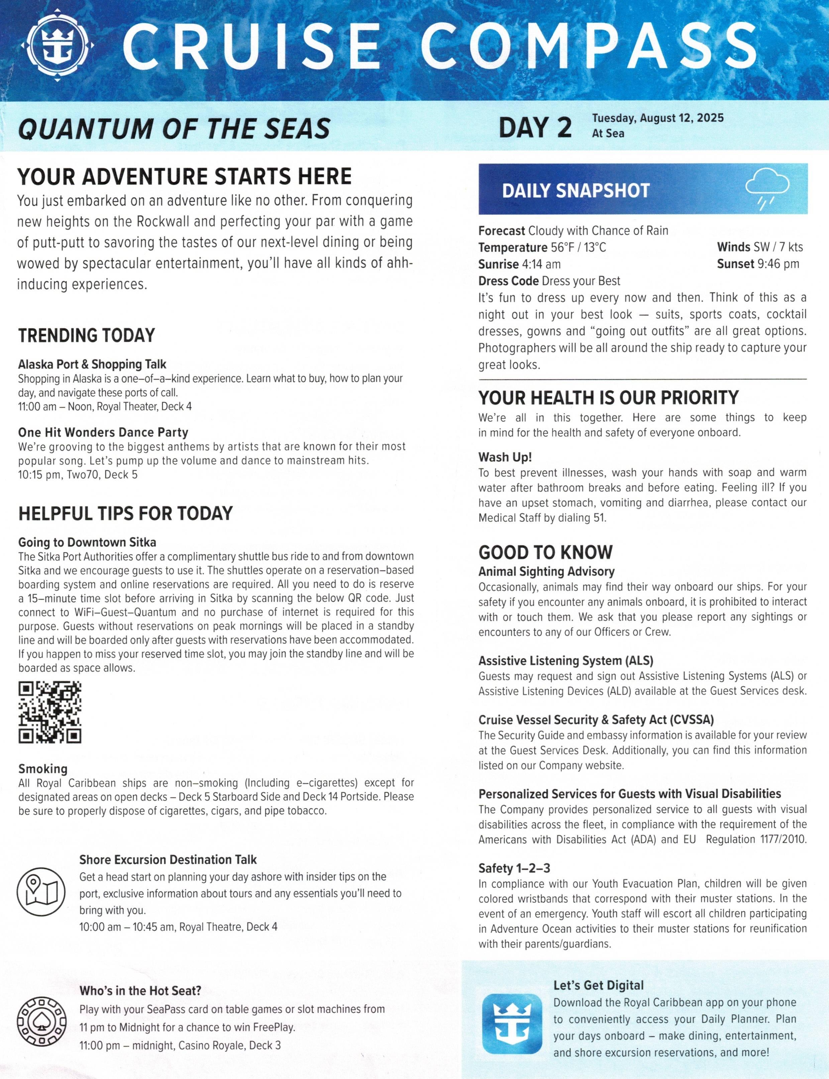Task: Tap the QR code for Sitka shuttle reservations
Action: [50, 712]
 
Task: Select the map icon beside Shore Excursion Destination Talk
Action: [40, 892]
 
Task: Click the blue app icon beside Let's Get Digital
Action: [511, 1023]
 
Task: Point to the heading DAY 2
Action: [535, 127]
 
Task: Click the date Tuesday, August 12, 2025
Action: [658, 118]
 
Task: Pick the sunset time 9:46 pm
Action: [778, 264]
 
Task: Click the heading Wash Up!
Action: [505, 457]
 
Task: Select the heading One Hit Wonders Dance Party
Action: [103, 432]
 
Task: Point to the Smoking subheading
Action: [43, 769]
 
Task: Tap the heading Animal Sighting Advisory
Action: [546, 571]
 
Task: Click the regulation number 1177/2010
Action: [781, 839]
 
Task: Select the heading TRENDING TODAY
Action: [87, 336]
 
